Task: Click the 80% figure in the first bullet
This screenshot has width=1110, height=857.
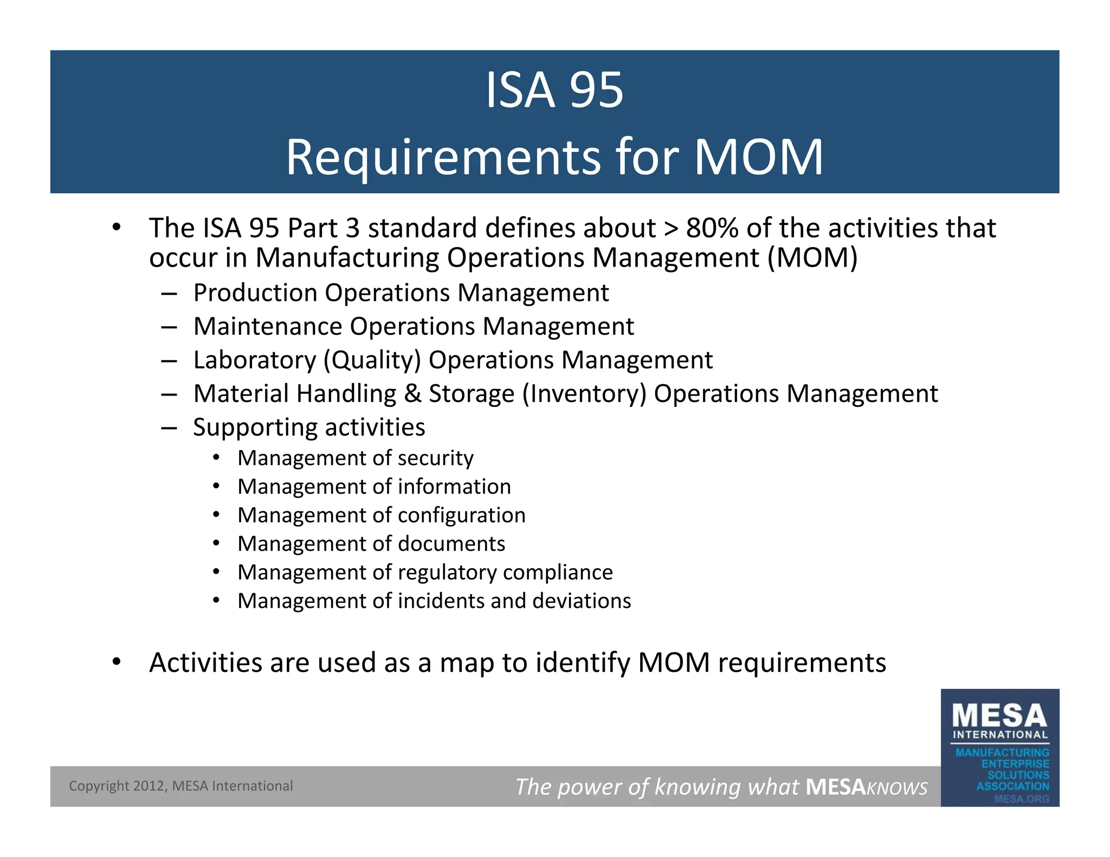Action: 712,228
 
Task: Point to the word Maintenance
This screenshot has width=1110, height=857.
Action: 268,327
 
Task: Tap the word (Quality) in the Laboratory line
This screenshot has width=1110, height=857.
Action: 372,360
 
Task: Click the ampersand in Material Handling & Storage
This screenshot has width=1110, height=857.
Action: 412,394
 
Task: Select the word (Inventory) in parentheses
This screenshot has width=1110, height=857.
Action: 584,394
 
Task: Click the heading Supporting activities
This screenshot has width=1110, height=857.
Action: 309,427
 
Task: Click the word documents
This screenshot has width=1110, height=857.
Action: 451,544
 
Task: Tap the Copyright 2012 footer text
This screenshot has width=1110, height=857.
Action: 180,786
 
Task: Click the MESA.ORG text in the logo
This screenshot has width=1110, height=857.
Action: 1021,798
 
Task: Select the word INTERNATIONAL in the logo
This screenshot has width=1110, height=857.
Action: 1000,735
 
